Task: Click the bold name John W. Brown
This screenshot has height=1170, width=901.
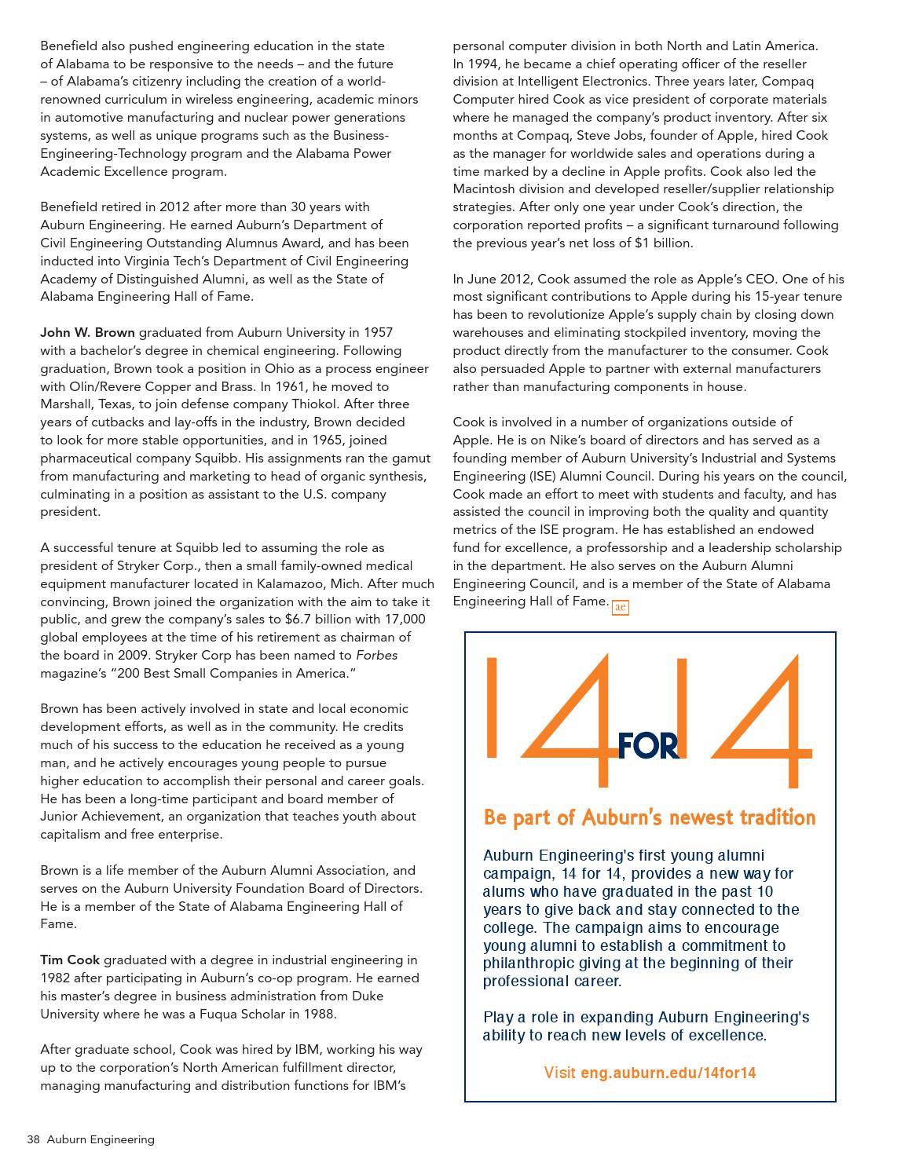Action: click(87, 332)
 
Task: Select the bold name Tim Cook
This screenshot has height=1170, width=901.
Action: click(70, 960)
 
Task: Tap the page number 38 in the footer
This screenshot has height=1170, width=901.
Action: click(33, 1139)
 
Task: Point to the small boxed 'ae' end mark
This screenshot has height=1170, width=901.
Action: click(620, 607)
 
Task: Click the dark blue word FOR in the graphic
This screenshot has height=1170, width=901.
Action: click(648, 746)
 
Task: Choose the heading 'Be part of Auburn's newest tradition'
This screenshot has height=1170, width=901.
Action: click(649, 817)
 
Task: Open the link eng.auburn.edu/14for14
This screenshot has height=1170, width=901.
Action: click(668, 1073)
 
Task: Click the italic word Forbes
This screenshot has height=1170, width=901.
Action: click(376, 655)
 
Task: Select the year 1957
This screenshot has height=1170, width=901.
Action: click(377, 332)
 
